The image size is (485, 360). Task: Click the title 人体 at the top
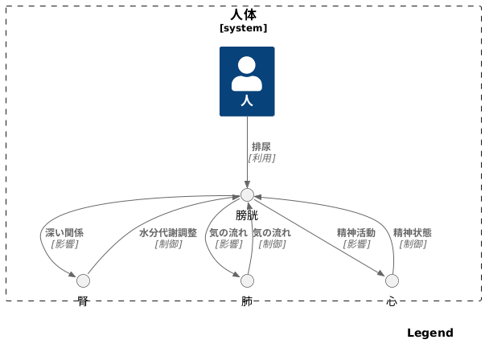coord(243,14)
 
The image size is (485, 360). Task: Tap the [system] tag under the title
coord(243,28)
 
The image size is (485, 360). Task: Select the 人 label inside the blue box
coord(247,101)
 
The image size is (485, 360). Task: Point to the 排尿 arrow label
coord(261,147)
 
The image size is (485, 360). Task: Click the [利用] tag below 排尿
coord(261,158)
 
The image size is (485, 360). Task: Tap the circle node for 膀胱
coord(247,195)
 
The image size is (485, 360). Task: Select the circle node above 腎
coord(83,280)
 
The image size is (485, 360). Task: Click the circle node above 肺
coord(247,280)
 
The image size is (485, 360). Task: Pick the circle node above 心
coord(392,280)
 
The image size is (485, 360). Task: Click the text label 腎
coord(83,301)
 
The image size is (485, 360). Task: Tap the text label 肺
coord(247,301)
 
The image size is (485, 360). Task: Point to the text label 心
coord(392,301)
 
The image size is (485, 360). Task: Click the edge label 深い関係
coord(64,233)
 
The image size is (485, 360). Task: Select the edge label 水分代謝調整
coord(168,233)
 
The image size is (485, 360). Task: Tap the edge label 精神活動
coord(356,233)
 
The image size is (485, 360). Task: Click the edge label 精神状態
coord(413,233)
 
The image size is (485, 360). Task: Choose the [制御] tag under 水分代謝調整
coord(168,244)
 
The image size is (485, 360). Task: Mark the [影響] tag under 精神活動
coord(356,244)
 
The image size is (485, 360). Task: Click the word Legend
coord(430,333)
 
